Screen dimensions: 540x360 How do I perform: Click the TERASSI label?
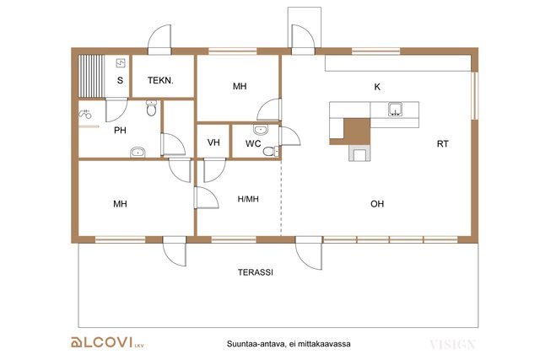(256, 272)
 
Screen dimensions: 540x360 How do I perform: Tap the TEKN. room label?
(160, 81)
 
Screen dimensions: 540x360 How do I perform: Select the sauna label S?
(120, 81)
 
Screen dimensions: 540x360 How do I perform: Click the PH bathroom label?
(120, 131)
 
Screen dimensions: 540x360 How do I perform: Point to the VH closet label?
(213, 142)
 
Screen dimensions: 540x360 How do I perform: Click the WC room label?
(253, 143)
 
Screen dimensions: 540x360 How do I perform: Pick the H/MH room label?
(248, 199)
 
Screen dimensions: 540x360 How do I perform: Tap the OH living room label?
(377, 204)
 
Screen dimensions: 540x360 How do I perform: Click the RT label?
(442, 144)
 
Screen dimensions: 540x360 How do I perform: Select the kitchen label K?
(377, 87)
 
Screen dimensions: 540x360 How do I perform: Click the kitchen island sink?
(396, 109)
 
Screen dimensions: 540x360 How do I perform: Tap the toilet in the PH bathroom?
(151, 108)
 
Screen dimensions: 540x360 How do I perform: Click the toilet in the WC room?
(271, 151)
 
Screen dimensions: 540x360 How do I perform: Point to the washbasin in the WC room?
(261, 130)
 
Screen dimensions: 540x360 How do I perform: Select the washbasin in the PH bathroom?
(138, 152)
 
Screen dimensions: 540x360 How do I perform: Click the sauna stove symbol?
(121, 63)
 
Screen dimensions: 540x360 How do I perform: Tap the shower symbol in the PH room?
(85, 114)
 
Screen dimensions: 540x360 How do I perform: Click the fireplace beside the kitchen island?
(359, 153)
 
